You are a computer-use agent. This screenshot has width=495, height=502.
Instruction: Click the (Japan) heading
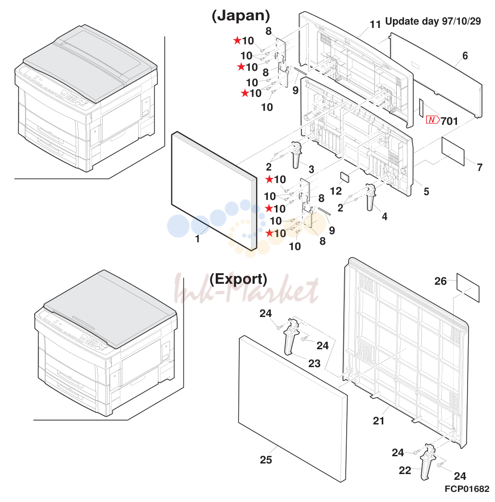241,16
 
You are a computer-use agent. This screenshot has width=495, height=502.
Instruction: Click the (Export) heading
238,279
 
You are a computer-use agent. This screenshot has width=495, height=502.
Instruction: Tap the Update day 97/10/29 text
433,21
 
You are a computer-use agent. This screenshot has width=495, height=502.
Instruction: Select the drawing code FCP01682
467,489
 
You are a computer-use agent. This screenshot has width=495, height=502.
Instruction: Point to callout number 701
449,121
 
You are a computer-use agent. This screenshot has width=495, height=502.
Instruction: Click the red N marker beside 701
432,120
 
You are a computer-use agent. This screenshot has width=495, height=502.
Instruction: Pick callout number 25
266,460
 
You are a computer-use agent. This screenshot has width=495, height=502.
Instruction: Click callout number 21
378,421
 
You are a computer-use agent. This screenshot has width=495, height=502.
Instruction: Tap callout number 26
440,281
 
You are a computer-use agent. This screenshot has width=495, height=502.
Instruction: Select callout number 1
197,239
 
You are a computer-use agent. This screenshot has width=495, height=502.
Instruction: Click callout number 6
465,56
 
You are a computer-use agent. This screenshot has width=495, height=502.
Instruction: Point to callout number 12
336,191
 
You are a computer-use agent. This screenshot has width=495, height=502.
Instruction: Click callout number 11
375,25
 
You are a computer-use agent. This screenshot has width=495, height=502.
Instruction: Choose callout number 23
314,363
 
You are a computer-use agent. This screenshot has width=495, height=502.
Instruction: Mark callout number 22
405,470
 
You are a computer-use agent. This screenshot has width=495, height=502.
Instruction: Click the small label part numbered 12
345,177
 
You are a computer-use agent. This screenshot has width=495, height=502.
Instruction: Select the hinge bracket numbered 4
371,197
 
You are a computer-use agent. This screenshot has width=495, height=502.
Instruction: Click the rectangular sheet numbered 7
453,151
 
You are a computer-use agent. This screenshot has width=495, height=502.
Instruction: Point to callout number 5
426,191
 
